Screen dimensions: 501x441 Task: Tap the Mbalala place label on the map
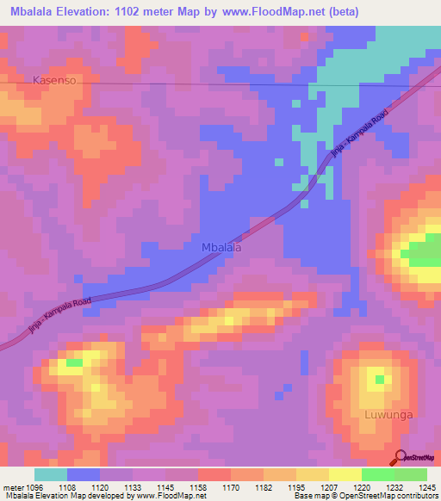[x=220, y=247]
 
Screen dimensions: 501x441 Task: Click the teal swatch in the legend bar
[x=51, y=474]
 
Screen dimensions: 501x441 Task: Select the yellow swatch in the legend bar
[x=345, y=474]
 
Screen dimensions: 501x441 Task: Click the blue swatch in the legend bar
[x=84, y=474]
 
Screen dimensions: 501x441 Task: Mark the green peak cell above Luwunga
[x=380, y=378]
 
